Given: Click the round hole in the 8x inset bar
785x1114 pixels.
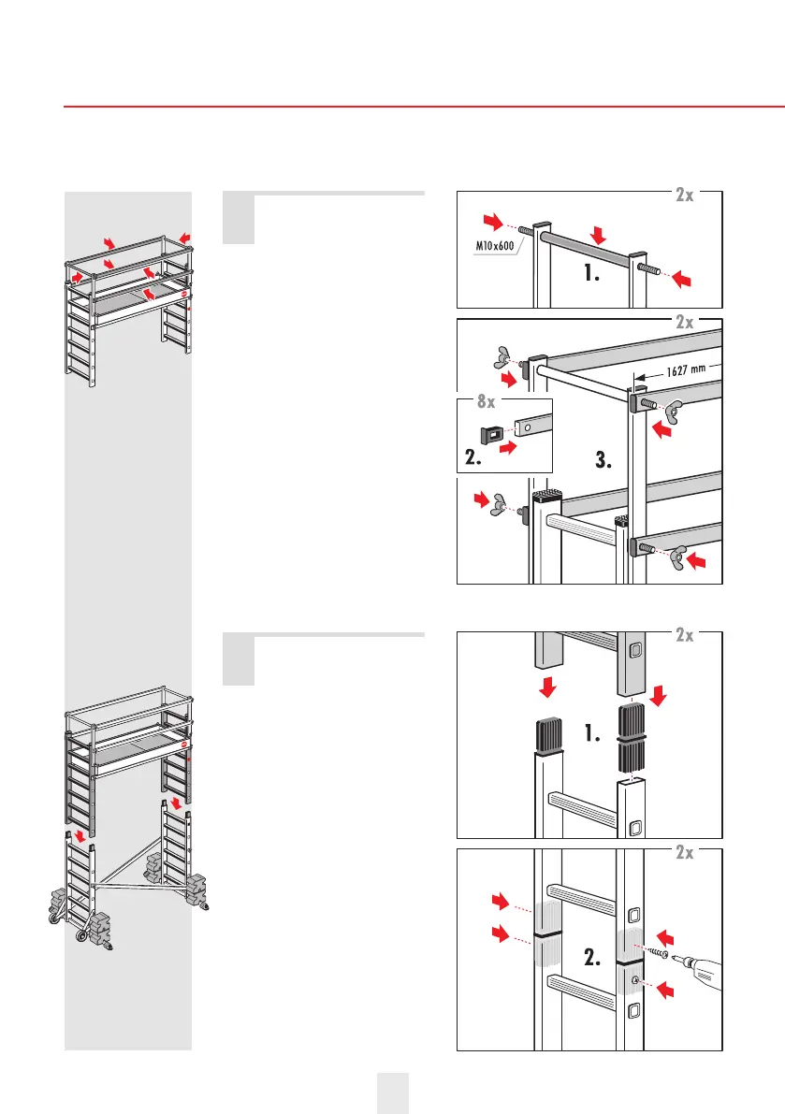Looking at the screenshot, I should [x=529, y=426].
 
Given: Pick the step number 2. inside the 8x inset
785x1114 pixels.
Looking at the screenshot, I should [x=478, y=458].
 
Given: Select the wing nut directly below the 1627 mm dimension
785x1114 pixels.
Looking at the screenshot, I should [x=674, y=407].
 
